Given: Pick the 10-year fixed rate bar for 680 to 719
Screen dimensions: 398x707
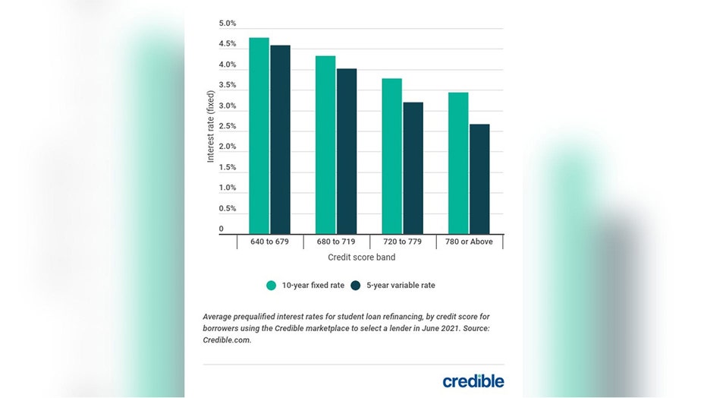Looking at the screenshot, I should [325, 144].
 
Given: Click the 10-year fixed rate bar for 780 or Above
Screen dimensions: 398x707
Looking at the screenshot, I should [458, 163].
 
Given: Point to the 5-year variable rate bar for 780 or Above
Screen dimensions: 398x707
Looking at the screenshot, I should [479, 178].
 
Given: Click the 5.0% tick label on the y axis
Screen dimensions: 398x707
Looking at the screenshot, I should [228, 24].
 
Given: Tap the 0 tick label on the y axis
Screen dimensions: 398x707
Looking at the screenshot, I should [222, 229].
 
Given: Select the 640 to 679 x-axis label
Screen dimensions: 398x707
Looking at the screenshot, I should [270, 242].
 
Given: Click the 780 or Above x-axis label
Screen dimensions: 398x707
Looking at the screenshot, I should [469, 242].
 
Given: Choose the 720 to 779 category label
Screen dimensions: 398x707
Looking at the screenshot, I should [402, 242].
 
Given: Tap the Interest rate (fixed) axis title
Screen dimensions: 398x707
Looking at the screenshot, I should [211, 127].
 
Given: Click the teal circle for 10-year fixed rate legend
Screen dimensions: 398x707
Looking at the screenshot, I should [271, 286].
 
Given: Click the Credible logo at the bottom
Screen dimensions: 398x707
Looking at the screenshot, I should [473, 381].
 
